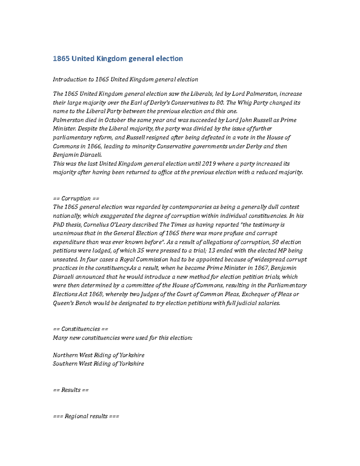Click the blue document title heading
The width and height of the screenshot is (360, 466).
pos(118,59)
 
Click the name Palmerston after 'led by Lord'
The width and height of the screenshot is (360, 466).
pos(262,94)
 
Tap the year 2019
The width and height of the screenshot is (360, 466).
pos(208,164)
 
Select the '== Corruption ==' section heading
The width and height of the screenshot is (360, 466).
pos(76,198)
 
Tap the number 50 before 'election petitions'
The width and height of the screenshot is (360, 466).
pos(275,242)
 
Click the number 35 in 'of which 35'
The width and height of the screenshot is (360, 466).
pos(140,251)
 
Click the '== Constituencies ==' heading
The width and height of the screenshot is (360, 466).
pos(80,329)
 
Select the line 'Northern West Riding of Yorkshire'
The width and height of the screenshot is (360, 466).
pos(98,355)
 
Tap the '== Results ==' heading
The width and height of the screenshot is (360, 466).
pos(70,390)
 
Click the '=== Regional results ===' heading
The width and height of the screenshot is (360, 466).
pos(86,416)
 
